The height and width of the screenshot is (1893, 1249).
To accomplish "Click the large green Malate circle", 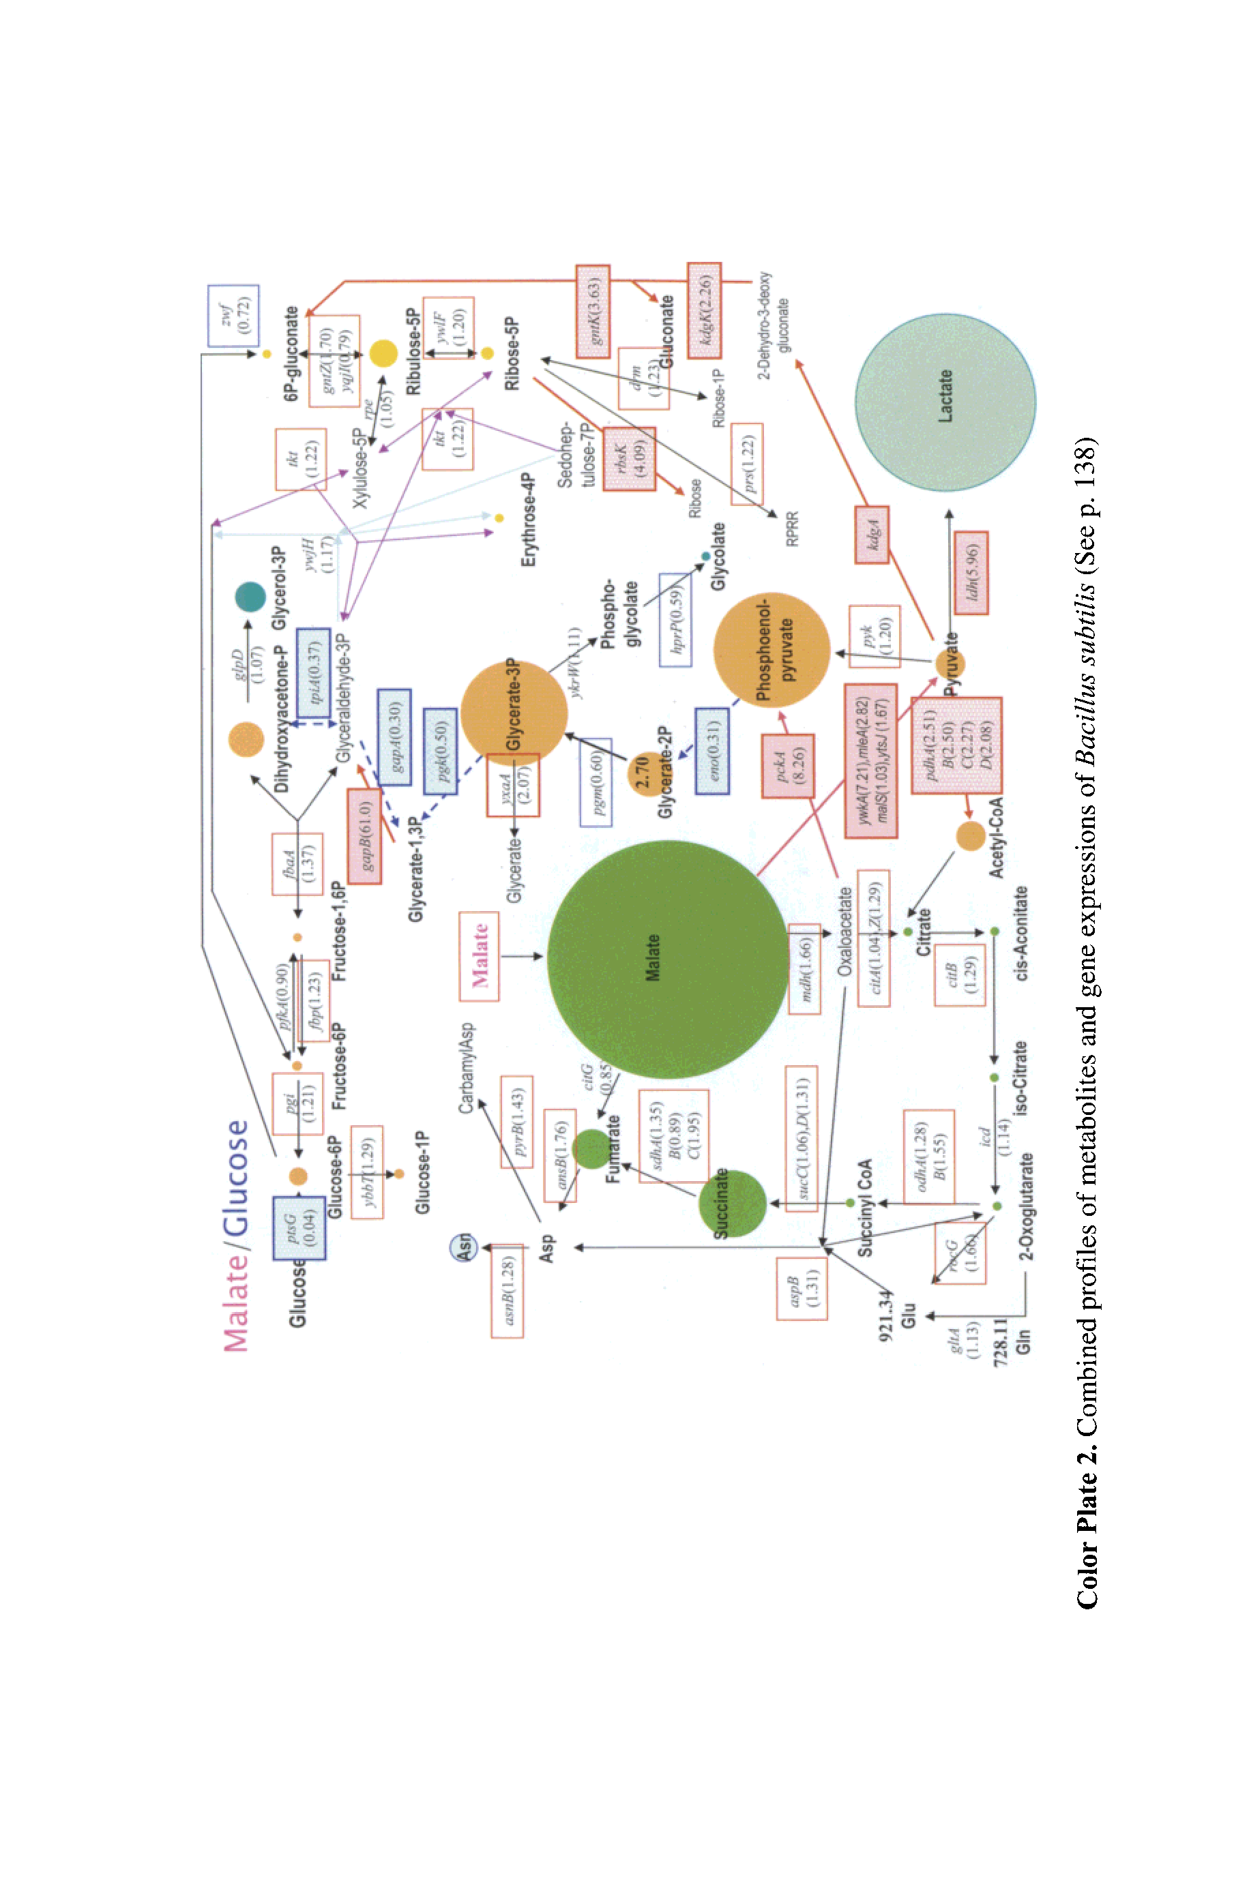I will click(668, 959).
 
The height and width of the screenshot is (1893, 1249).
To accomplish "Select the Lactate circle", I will click(945, 402).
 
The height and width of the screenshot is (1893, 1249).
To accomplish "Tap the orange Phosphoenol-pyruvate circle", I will click(771, 651).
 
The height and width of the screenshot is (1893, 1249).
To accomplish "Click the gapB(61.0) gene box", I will click(364, 835).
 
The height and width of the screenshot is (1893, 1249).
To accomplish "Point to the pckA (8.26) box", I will click(788, 765).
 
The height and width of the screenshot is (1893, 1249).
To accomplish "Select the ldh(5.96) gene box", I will click(971, 572).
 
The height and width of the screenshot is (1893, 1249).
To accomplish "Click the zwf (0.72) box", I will click(233, 315).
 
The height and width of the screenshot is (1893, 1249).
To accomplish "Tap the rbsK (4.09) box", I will click(630, 458).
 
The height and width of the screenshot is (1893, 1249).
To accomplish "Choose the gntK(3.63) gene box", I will click(593, 311).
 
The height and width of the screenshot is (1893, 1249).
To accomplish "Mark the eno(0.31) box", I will click(712, 751).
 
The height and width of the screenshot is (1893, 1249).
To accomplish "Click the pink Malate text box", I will click(479, 955).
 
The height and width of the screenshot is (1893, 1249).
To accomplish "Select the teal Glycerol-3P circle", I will click(250, 597).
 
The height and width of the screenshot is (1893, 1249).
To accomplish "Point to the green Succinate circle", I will click(732, 1203).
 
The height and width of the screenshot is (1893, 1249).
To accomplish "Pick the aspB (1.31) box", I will click(802, 1288).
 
